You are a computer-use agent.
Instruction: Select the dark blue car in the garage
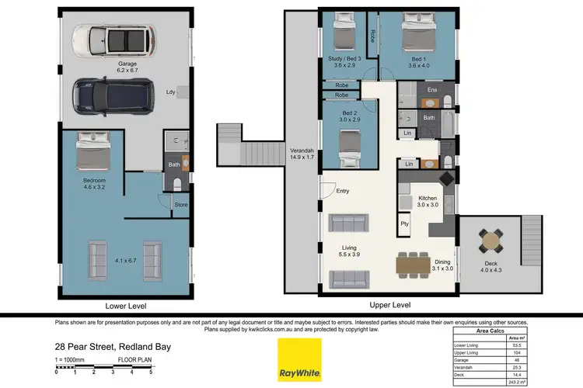coord(113,94)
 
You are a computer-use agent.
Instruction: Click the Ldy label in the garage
coord(171,92)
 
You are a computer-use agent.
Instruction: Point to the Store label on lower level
coord(180,206)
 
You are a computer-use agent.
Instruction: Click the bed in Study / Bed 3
coord(344,34)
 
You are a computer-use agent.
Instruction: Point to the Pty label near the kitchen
coord(404,223)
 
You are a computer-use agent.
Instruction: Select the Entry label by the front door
coord(343,191)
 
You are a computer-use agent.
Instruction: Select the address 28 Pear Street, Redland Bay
coord(113,347)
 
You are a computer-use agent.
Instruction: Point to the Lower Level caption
coord(126,306)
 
